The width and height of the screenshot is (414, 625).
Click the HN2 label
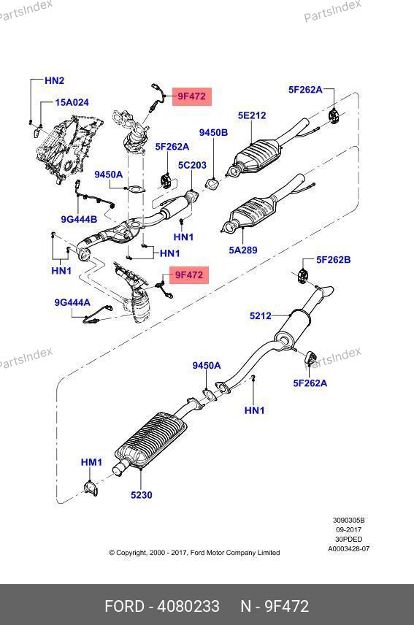click(x=54, y=80)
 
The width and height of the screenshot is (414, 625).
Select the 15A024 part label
click(x=72, y=102)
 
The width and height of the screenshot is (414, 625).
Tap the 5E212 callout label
click(x=252, y=115)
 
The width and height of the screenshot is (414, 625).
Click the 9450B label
click(x=214, y=133)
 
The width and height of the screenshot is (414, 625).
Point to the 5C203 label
click(x=192, y=165)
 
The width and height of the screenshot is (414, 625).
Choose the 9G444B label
click(x=79, y=219)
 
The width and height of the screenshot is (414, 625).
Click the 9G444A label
click(x=72, y=303)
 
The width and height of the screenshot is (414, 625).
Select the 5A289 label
click(x=243, y=250)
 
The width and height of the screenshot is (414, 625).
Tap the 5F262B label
click(x=334, y=260)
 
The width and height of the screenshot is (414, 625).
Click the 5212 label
click(x=260, y=316)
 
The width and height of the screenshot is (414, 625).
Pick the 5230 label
click(x=142, y=495)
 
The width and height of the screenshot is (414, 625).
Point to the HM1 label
click(x=92, y=462)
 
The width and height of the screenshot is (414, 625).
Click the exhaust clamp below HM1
click(x=91, y=488)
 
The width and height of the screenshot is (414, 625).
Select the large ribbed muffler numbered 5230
click(x=150, y=441)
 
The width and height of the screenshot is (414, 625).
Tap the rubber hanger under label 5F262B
click(x=303, y=277)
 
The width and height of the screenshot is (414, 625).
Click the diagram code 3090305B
click(x=349, y=520)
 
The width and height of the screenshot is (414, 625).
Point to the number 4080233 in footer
click(x=188, y=606)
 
